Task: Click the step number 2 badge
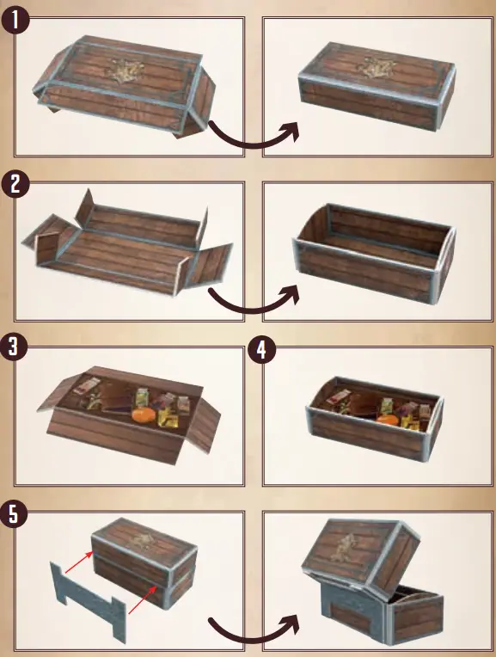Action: [16, 184]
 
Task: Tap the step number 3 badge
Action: [16, 347]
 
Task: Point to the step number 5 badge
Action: [16, 514]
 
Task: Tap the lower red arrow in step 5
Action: [143, 597]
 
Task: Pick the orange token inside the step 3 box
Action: [142, 415]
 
